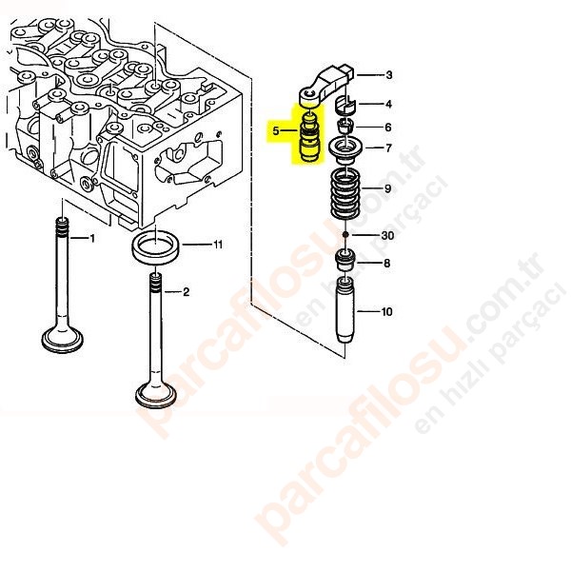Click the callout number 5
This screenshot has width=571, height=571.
tap(276, 130)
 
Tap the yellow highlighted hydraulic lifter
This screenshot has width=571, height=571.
tap(308, 138)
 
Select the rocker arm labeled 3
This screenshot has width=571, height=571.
tap(325, 84)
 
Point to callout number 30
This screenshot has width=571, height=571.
tap(387, 236)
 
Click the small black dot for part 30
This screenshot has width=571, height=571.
tap(345, 234)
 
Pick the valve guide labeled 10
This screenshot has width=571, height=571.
tap(345, 309)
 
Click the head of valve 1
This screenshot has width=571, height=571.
tap(62, 340)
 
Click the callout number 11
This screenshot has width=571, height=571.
tap(217, 244)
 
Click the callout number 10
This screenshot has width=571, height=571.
tap(386, 311)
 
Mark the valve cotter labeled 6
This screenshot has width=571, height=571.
tap(346, 128)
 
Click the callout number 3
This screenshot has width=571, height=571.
tap(389, 75)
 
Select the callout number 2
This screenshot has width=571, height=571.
tap(187, 292)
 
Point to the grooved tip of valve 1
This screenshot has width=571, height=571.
tap(62, 226)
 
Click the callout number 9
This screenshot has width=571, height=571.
tap(387, 188)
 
